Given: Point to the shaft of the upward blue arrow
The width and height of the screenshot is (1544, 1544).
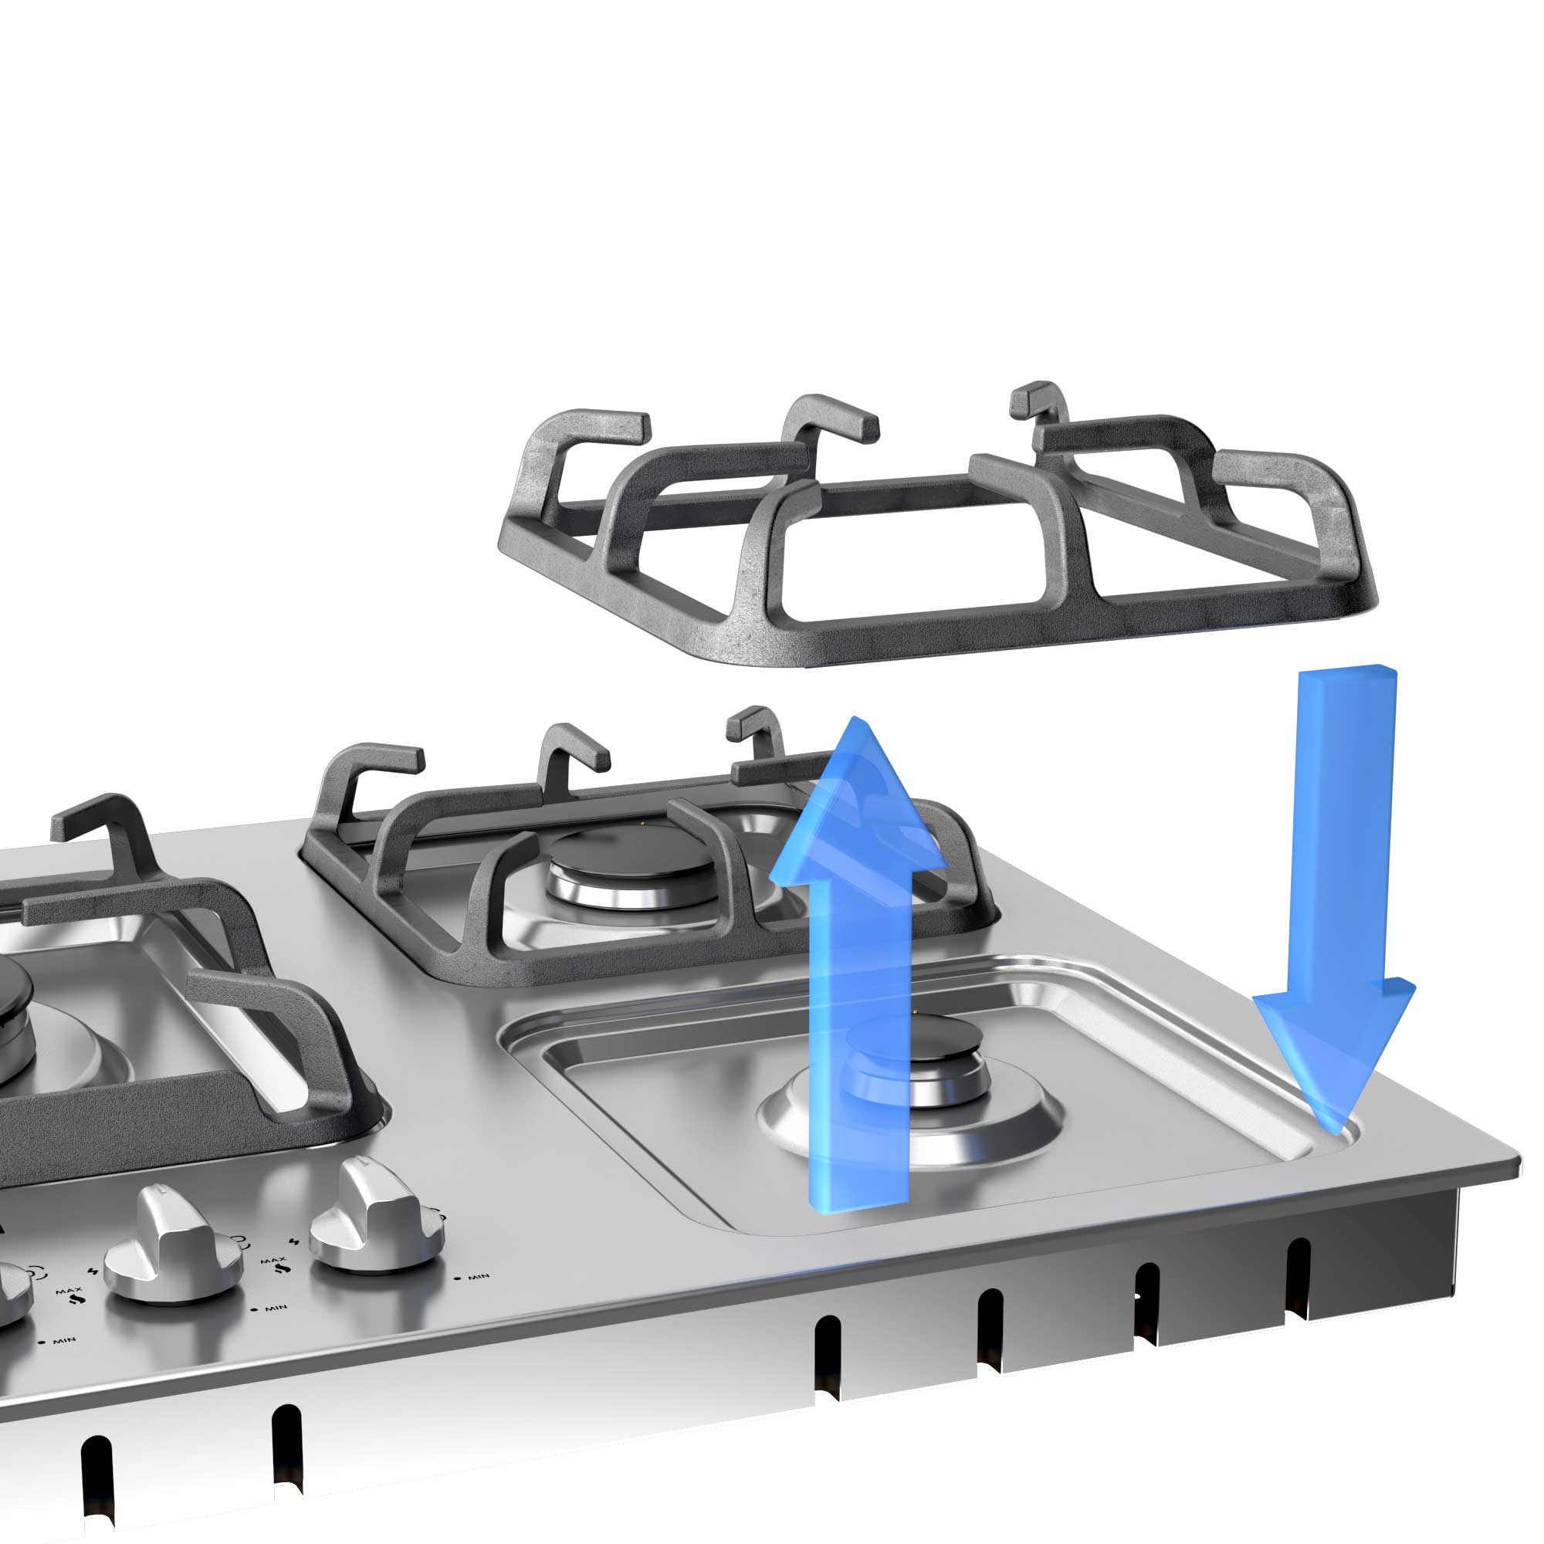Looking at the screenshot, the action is point(859,1039).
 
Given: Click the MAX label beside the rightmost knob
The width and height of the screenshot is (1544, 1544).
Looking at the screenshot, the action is point(273,1262).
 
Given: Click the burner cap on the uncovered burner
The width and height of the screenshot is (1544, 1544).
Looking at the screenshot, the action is point(919,1043).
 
